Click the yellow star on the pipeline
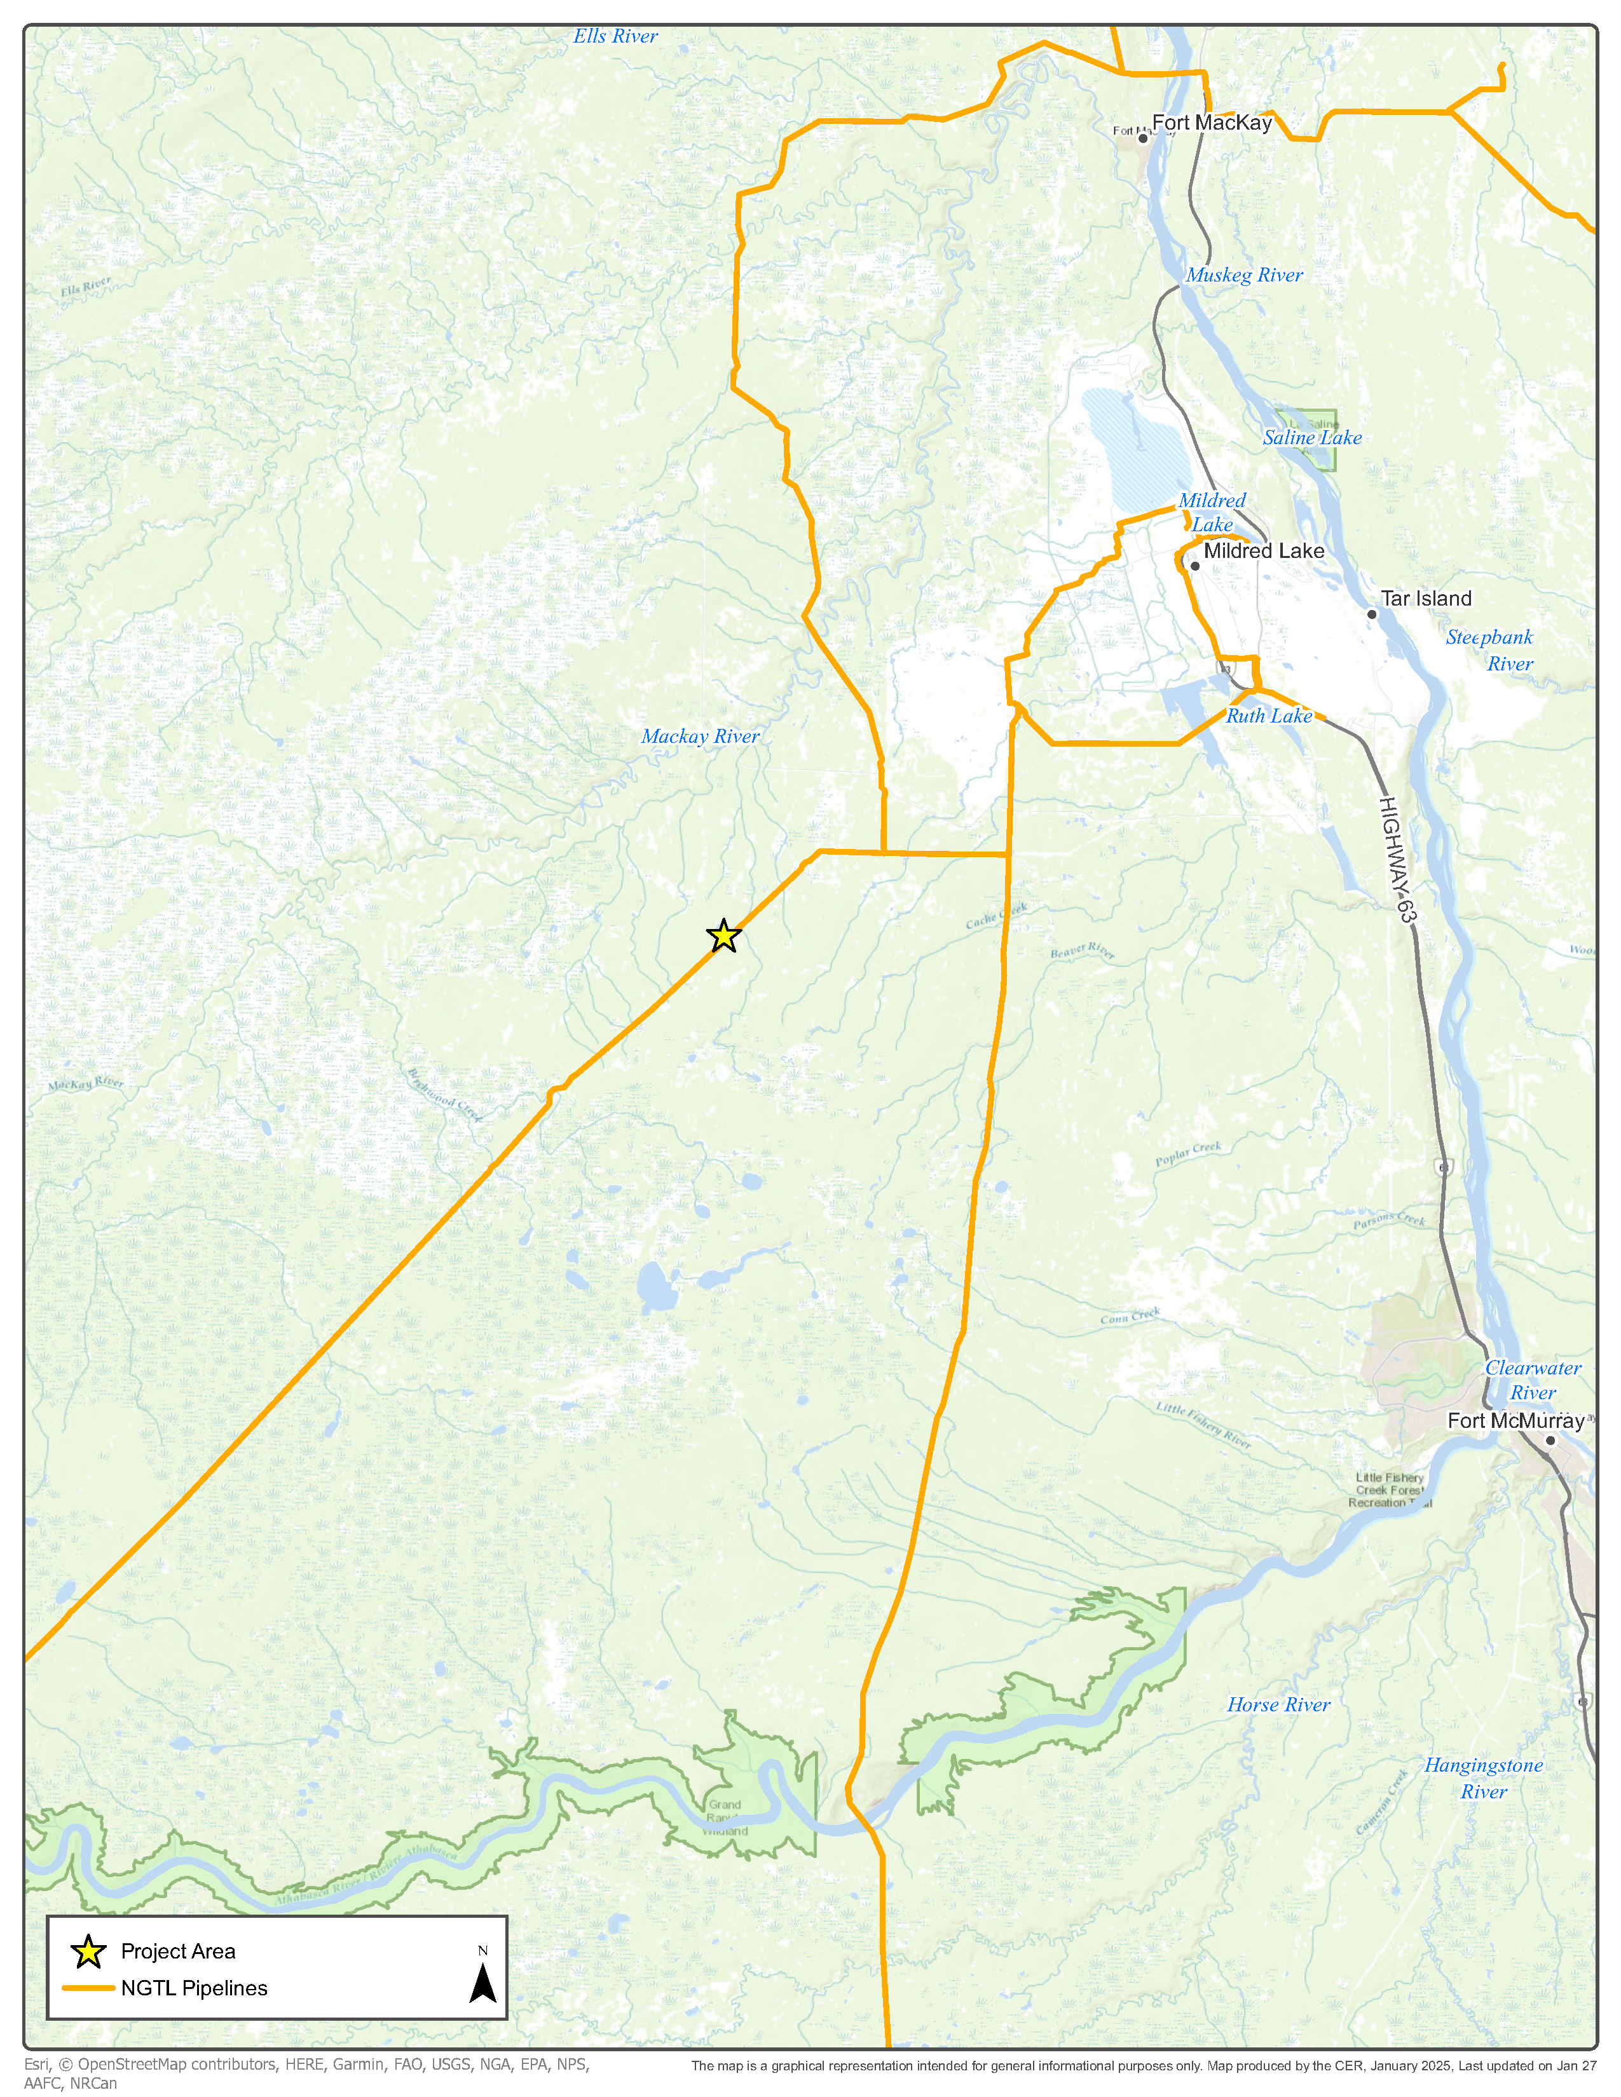(723, 935)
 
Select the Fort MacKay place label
(1211, 123)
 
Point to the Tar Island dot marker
(1371, 614)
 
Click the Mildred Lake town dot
(1194, 566)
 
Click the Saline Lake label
(1312, 438)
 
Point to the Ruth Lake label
(1269, 716)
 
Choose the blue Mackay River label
(700, 736)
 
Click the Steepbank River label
(1489, 650)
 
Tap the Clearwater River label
(1533, 1380)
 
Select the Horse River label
(1278, 1706)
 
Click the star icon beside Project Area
(88, 1951)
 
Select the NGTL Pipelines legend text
(194, 1988)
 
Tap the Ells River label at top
(615, 36)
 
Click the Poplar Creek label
(1188, 1153)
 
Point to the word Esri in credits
(36, 2063)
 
